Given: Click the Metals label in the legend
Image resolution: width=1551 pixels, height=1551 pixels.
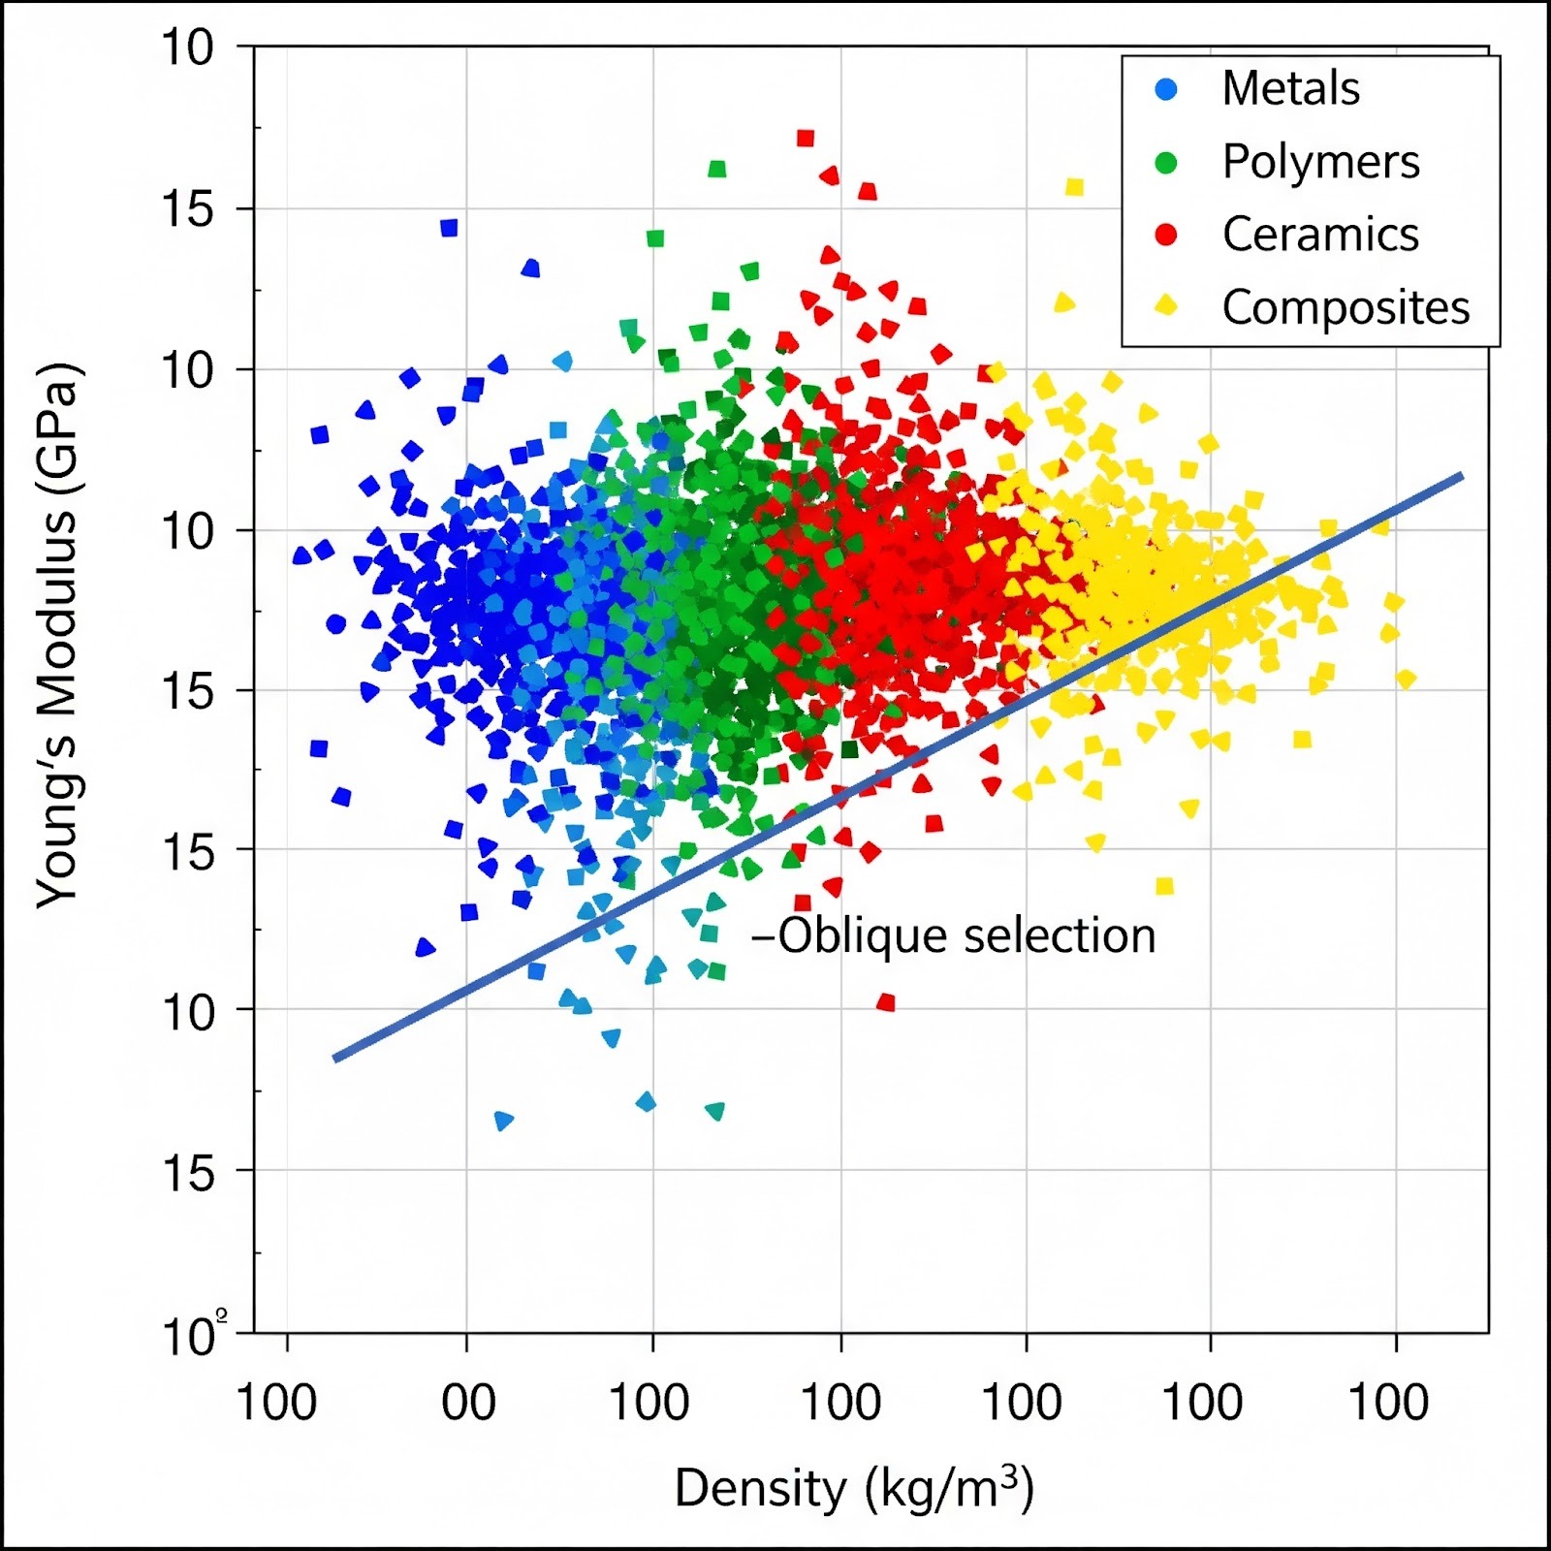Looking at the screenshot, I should (x=1290, y=89).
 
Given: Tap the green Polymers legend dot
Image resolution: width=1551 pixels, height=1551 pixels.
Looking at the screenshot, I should (x=1166, y=163).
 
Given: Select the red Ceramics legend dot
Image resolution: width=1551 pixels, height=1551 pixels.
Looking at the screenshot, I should (x=1166, y=235).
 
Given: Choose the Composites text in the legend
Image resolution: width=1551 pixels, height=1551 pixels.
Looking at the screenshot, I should (x=1345, y=308).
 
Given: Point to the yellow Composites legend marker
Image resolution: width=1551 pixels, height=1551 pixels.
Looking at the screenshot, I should (x=1166, y=306).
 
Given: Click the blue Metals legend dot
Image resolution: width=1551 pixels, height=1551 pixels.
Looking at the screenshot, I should (x=1166, y=89).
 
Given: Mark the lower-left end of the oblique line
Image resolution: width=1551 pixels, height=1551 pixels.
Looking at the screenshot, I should (x=335, y=1058).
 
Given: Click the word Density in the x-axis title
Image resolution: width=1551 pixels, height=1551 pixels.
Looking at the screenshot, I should (x=760, y=1489).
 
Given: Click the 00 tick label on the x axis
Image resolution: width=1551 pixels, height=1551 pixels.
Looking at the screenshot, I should (x=467, y=1403).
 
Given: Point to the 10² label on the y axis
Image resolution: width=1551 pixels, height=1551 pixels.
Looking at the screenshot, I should (x=195, y=1337).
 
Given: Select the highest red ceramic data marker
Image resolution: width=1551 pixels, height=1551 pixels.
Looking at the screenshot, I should (x=805, y=138).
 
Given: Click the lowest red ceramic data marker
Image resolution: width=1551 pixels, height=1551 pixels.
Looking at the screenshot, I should (x=885, y=1002).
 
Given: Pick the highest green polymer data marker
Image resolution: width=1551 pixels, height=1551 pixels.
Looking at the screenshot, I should (x=717, y=170).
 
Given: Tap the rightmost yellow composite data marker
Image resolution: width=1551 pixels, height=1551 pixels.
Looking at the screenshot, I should (x=1406, y=680).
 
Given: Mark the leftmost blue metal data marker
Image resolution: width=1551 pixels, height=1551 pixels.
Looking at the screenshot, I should (x=301, y=555).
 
